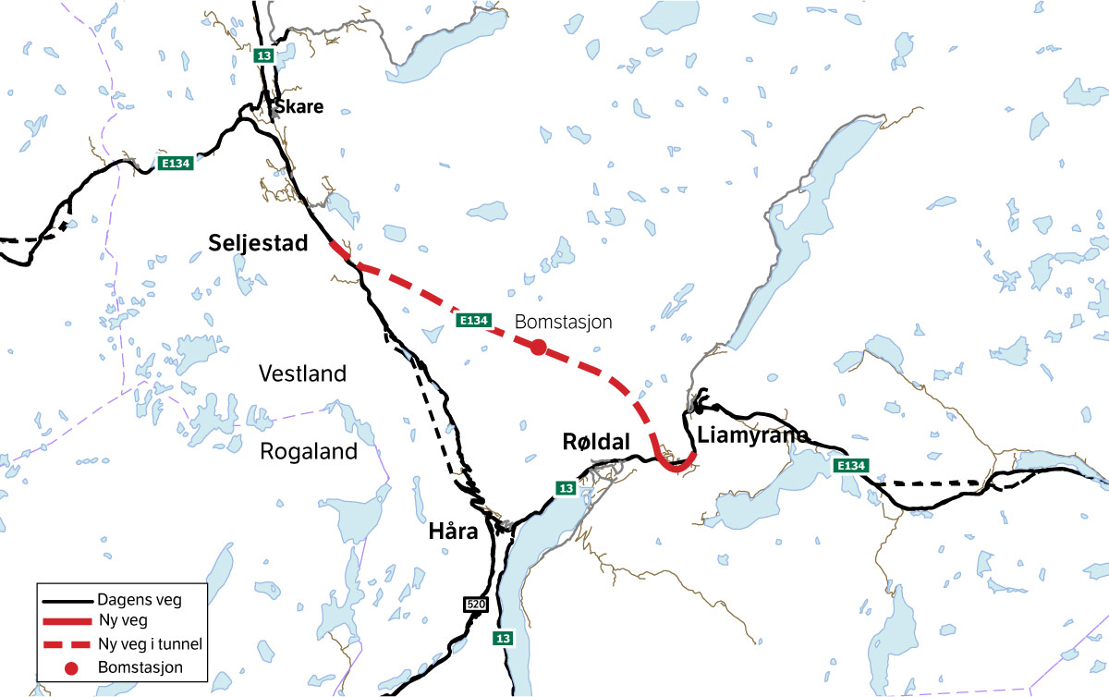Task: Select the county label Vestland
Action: pyautogui.click(x=302, y=374)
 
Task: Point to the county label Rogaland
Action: pyautogui.click(x=308, y=451)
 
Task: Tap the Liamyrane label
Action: pyautogui.click(x=753, y=434)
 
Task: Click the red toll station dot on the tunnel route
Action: pyautogui.click(x=538, y=348)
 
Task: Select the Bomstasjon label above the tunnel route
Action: pyautogui.click(x=564, y=322)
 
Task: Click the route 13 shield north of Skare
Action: pyautogui.click(x=264, y=55)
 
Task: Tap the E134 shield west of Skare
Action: pyautogui.click(x=176, y=164)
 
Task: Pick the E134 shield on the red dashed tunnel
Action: pyautogui.click(x=472, y=320)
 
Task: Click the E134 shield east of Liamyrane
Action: pyautogui.click(x=850, y=466)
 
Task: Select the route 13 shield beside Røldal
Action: pyautogui.click(x=566, y=487)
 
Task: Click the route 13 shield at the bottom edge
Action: pyautogui.click(x=503, y=638)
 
